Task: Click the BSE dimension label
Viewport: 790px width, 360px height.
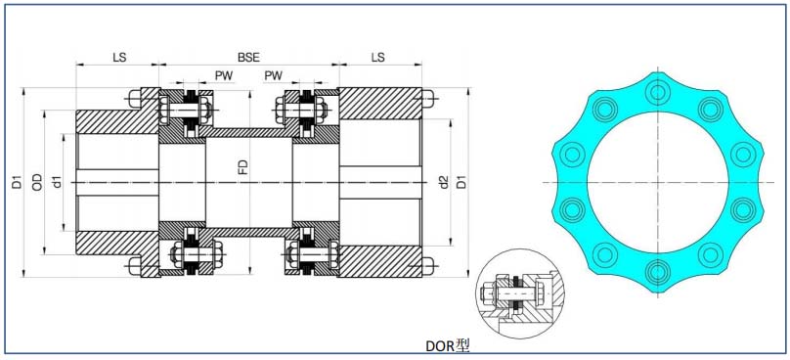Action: [248, 57]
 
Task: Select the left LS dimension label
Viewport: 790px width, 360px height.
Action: [119, 57]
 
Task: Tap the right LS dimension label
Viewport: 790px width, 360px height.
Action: [377, 57]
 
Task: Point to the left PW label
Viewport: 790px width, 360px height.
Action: [224, 75]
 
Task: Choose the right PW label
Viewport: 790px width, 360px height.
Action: [273, 75]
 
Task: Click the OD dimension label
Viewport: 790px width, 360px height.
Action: [37, 182]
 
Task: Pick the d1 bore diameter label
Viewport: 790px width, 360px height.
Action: [57, 182]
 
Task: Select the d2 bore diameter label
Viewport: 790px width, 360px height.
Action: [443, 182]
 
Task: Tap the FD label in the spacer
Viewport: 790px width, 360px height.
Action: [242, 167]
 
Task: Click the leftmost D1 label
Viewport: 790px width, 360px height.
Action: [18, 182]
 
